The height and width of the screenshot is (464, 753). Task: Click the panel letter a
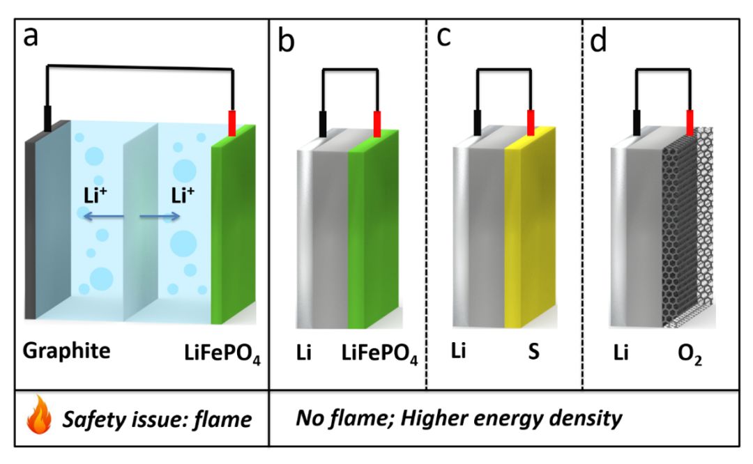pos(31,36)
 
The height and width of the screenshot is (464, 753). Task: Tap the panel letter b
pos(287,40)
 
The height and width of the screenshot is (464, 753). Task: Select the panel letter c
pos(443,36)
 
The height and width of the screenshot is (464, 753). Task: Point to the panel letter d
pos(598,40)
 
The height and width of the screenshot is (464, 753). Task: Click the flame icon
pos(39,415)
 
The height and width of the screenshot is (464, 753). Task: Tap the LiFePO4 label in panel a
pos(222,354)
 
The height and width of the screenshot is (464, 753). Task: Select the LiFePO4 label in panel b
pos(379,354)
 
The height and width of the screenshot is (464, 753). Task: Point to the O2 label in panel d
pos(690,355)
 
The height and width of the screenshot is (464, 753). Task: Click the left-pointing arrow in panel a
pos(103,217)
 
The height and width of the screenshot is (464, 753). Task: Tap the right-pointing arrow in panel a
pos(160,217)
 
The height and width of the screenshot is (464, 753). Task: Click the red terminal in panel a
pos(232,123)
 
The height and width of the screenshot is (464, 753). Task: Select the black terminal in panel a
pos(47,118)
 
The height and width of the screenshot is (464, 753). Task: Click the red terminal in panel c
pos(531,123)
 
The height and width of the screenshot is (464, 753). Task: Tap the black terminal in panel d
pos(637,123)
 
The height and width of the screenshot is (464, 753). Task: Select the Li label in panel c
pos(459,350)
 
